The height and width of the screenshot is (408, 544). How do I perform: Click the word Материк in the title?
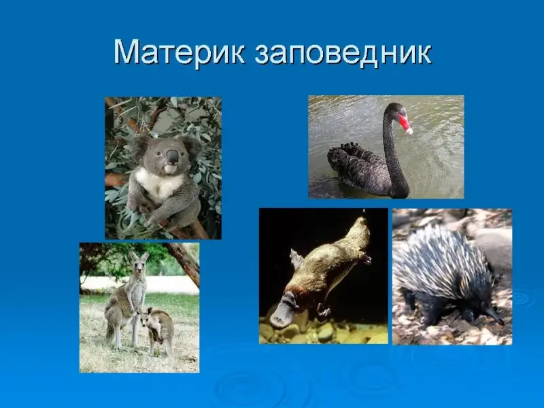pyautogui.click(x=179, y=52)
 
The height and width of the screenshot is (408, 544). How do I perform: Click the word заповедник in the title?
pyautogui.click(x=343, y=54)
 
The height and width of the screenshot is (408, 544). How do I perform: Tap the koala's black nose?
pyautogui.click(x=172, y=156)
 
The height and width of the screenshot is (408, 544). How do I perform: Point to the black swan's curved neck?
pyautogui.click(x=393, y=152)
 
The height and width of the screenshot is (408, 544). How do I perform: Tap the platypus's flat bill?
pyautogui.click(x=281, y=315)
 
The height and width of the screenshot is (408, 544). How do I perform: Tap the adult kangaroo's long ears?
pyautogui.click(x=139, y=257)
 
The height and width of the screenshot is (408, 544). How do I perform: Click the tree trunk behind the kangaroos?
pyautogui.click(x=184, y=262)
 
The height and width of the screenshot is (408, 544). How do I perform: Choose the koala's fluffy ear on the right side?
pyautogui.click(x=190, y=146)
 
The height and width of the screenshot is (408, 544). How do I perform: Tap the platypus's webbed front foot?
pyautogui.click(x=322, y=310)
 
